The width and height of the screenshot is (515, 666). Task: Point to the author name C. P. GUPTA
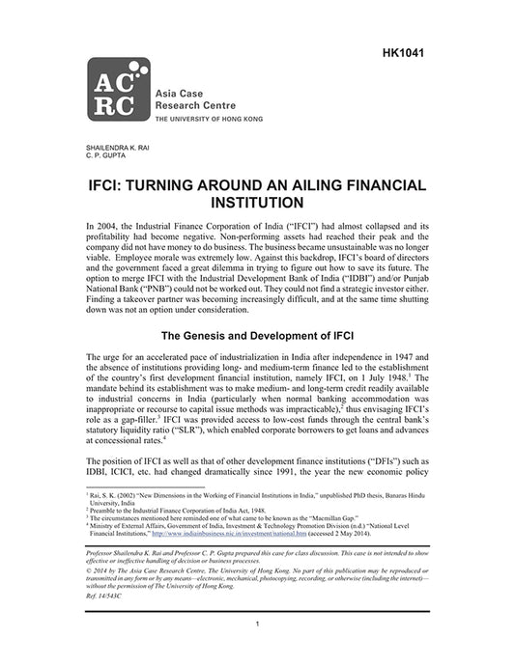pyautogui.click(x=106, y=153)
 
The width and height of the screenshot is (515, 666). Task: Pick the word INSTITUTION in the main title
pyautogui.click(x=256, y=203)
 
